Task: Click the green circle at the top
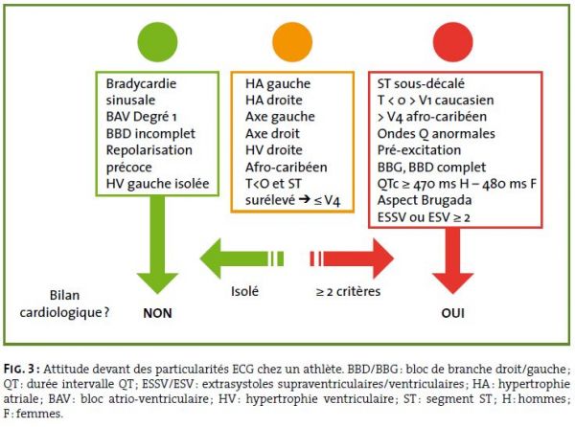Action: [157, 42]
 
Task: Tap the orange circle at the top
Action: [292, 42]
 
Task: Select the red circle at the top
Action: [453, 42]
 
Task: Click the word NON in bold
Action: [157, 313]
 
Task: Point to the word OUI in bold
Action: [453, 313]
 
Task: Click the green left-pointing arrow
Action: [241, 258]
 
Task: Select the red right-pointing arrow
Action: [352, 258]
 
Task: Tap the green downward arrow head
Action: [157, 283]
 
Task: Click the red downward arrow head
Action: [453, 283]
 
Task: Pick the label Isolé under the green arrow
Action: [244, 291]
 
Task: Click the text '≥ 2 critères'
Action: [349, 291]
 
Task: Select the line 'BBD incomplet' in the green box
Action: [150, 134]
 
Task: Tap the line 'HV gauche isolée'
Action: [158, 184]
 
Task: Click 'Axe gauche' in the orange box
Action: [280, 117]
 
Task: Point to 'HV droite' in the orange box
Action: [273, 150]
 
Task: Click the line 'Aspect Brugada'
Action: [425, 200]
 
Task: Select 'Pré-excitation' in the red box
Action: [419, 150]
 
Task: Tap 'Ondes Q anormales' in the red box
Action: [436, 134]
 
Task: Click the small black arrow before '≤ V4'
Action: [305, 199]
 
